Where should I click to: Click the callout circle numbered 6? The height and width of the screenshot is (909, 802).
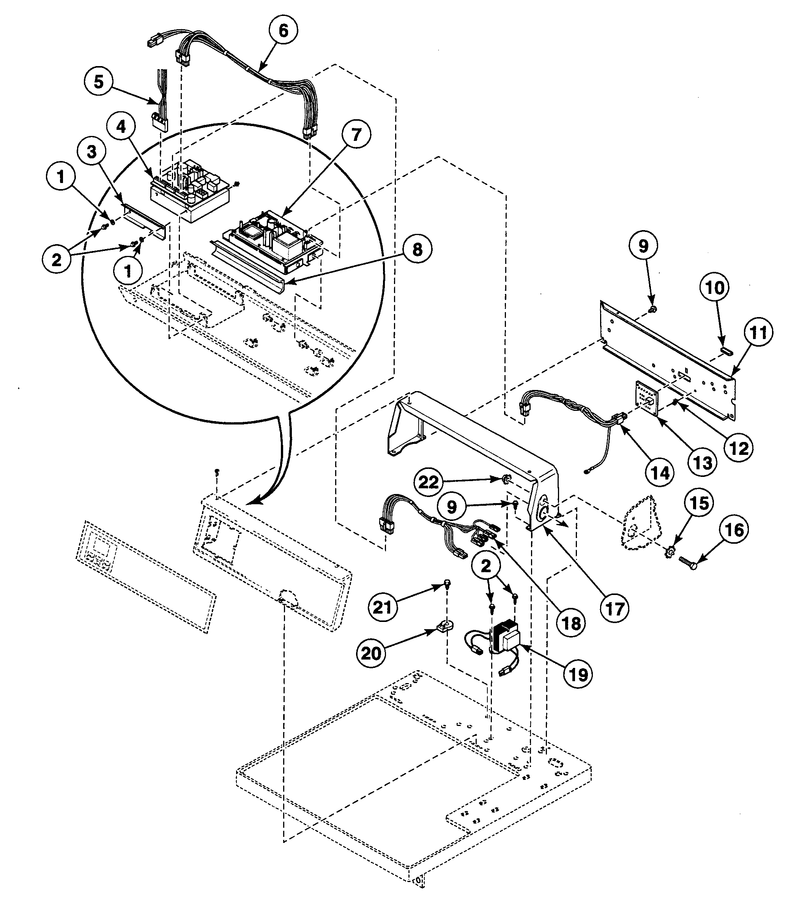click(283, 30)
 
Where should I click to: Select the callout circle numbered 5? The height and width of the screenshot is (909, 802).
click(99, 82)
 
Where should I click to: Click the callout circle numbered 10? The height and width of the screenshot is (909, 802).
click(714, 288)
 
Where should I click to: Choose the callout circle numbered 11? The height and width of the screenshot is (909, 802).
click(758, 332)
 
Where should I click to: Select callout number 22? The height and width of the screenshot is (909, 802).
click(429, 482)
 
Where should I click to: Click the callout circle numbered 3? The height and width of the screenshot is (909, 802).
click(91, 151)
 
